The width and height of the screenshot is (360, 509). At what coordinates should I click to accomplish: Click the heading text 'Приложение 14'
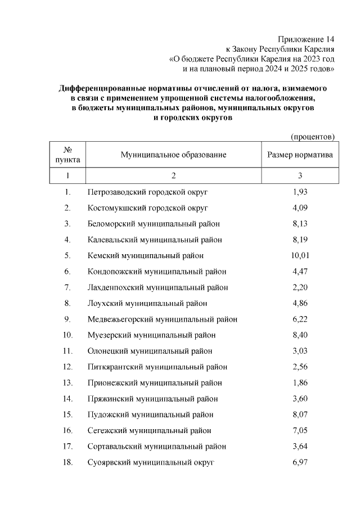[307, 39]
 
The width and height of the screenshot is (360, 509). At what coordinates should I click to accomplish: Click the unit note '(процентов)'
[312, 137]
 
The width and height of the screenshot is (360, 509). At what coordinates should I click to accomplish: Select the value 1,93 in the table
[300, 192]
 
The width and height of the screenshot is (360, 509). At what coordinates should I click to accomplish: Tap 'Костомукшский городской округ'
[147, 208]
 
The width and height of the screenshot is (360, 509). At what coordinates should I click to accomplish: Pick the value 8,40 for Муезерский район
[300, 335]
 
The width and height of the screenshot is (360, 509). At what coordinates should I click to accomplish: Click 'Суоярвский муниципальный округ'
[151, 462]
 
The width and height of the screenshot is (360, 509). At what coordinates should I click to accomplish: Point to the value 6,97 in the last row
[300, 462]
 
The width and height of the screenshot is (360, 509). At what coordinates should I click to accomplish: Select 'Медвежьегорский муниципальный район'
[163, 319]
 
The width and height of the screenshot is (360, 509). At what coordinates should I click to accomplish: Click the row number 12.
[68, 367]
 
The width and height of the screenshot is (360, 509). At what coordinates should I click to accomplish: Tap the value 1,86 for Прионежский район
[300, 382]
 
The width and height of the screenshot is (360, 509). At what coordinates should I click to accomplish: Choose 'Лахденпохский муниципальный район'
[158, 287]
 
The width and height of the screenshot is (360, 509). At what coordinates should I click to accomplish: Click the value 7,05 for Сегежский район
[300, 430]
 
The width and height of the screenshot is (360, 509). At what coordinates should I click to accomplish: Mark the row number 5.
[67, 255]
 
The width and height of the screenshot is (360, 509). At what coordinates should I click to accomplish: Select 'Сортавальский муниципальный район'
[157, 447]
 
